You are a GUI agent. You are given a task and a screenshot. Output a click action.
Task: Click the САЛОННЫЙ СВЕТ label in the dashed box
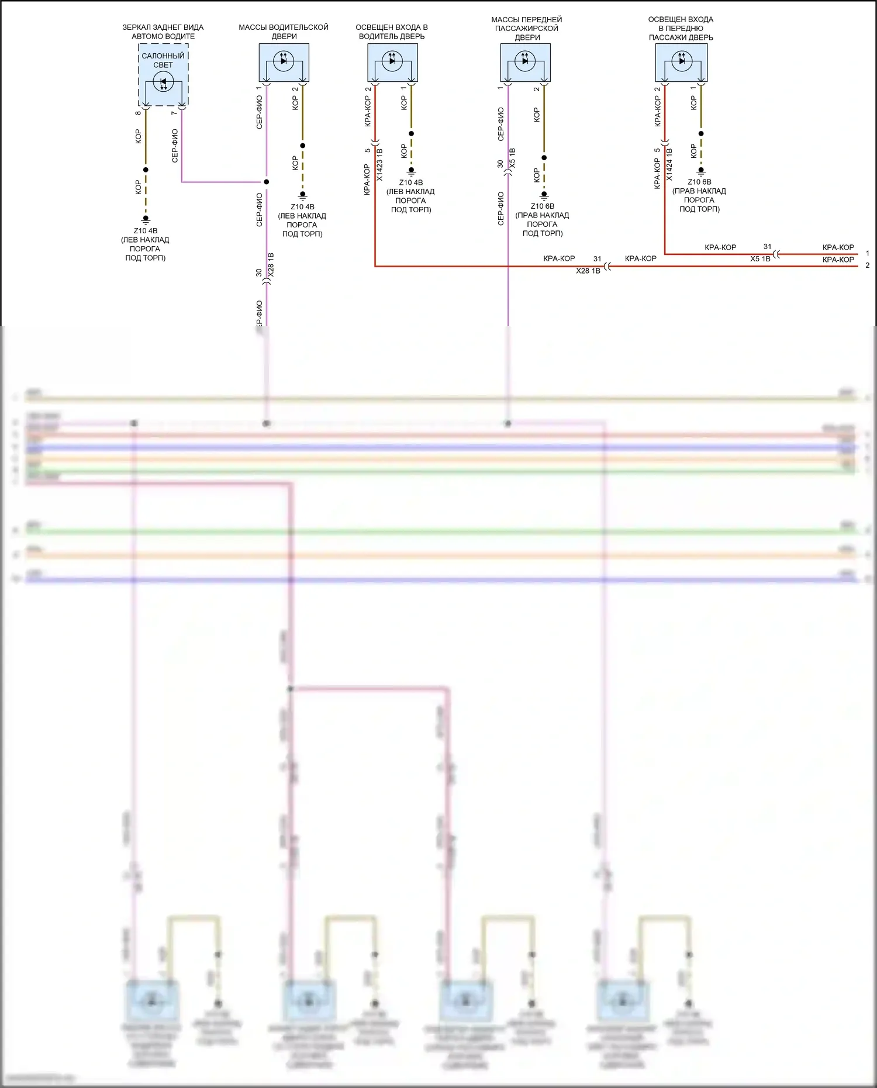[x=163, y=60]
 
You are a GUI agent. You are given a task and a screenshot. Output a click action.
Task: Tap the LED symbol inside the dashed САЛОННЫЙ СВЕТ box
[x=163, y=82]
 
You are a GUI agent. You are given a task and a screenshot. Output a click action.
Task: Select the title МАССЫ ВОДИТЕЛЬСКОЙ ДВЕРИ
[x=284, y=32]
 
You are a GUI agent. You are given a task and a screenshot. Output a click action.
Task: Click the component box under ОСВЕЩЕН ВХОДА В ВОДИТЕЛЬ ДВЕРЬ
[x=392, y=63]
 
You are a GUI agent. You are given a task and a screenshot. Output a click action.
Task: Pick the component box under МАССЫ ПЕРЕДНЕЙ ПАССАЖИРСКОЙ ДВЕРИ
[x=525, y=63]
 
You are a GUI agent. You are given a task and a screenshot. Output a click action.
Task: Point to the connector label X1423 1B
[x=379, y=164]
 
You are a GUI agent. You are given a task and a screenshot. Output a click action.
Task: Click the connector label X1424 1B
[x=669, y=164]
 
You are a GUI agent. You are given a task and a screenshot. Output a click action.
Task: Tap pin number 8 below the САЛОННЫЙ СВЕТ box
[x=138, y=113]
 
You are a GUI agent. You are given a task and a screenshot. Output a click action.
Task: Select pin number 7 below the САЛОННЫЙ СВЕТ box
[x=174, y=113]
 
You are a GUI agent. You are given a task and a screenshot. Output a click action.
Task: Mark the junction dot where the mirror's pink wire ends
[x=267, y=182]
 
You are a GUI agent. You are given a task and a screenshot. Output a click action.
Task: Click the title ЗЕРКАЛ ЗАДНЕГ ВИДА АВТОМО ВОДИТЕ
[x=163, y=32]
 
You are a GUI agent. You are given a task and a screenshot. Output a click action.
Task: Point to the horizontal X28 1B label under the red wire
[x=588, y=271]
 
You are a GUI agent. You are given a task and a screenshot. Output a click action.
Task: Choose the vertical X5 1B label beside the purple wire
[x=513, y=158]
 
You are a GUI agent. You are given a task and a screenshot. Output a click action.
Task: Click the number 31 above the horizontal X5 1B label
[x=767, y=247]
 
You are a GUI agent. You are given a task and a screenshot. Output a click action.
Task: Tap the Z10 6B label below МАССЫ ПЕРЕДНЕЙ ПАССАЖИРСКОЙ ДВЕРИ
[x=543, y=206]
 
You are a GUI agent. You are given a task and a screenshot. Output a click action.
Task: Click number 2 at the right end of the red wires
[x=867, y=265]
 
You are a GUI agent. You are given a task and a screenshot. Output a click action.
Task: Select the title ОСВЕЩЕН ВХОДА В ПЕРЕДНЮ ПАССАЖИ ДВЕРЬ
[x=681, y=28]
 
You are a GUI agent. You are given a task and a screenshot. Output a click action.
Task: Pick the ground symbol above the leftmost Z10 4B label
[x=146, y=220]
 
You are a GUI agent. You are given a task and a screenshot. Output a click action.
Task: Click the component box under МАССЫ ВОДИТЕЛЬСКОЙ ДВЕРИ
[x=284, y=63]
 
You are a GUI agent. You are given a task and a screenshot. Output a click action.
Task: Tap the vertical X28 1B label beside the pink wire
[x=271, y=265]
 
